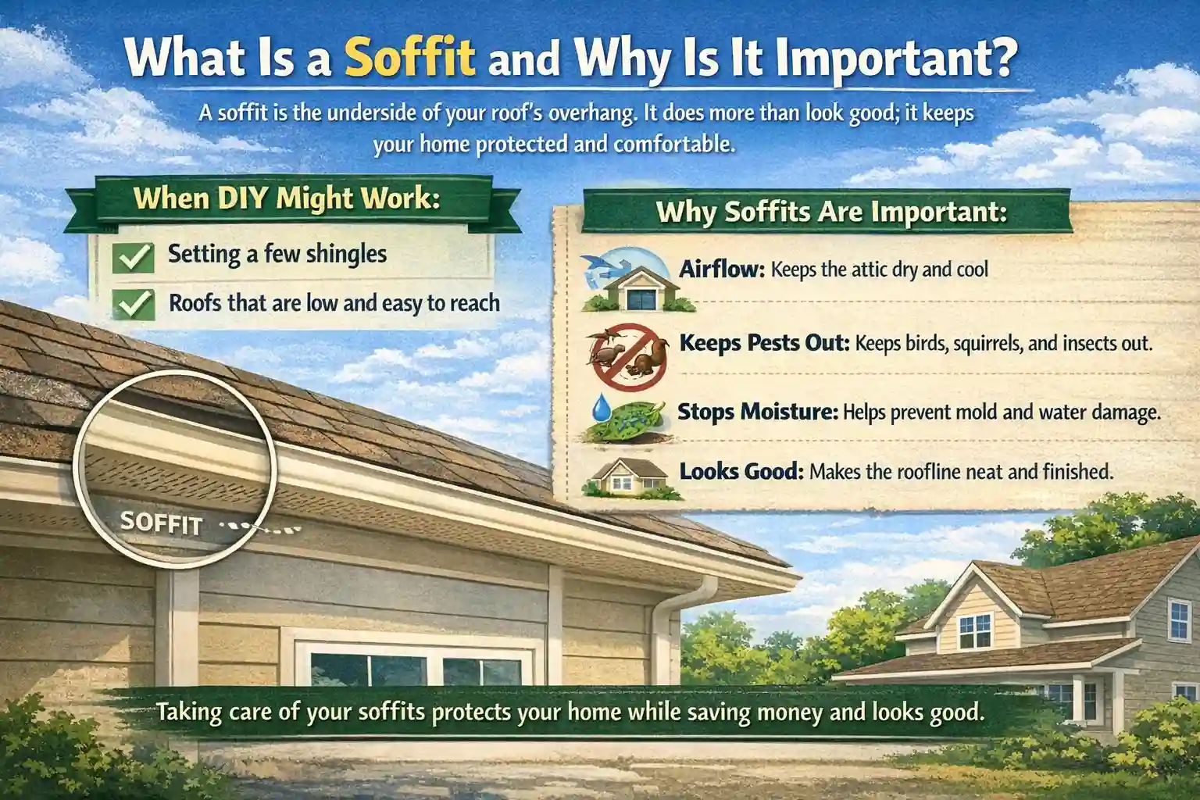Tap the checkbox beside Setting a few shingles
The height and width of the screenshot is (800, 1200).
[133, 257]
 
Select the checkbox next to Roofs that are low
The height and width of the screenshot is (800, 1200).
[133, 304]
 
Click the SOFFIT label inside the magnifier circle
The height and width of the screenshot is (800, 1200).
[162, 523]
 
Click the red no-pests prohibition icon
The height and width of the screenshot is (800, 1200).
[627, 356]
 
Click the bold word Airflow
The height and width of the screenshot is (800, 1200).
[720, 270]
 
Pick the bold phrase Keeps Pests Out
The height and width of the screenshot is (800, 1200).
[764, 342]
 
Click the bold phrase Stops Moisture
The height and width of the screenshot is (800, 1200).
[757, 411]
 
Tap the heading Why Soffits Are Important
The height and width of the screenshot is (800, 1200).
[830, 212]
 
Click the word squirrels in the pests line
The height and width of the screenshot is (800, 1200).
[977, 343]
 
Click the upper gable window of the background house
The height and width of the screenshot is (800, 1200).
[974, 628]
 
